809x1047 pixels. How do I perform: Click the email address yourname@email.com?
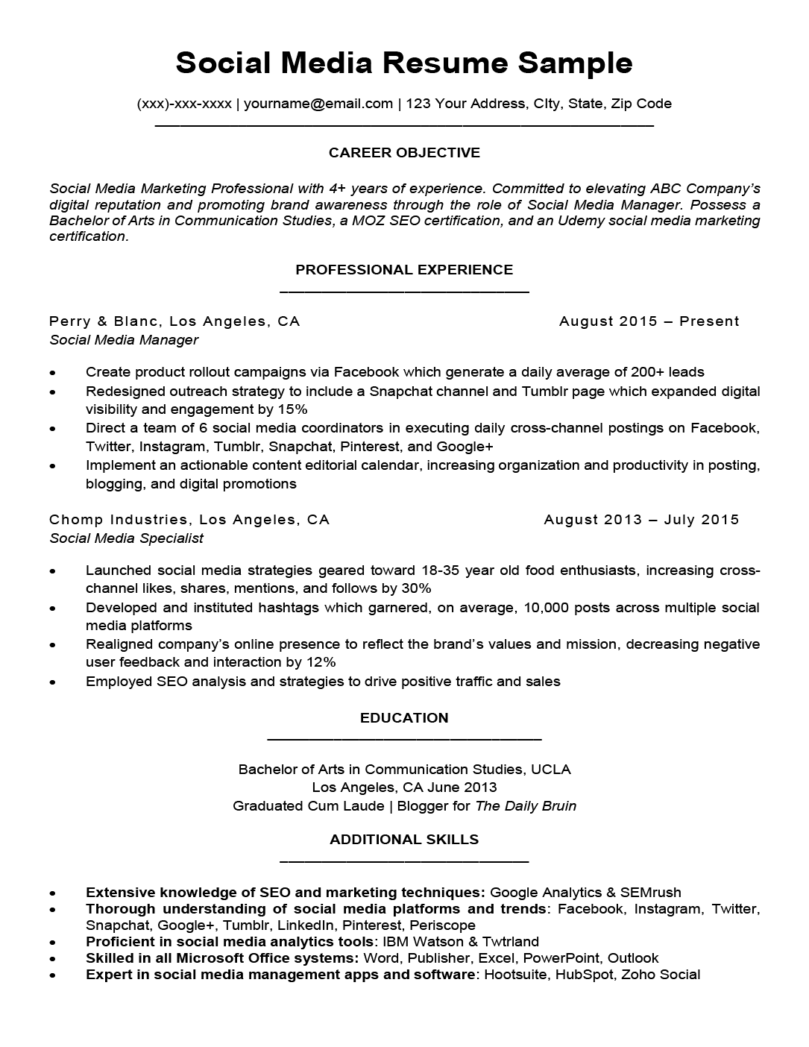point(318,104)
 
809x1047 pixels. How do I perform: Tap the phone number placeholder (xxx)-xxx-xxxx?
point(184,104)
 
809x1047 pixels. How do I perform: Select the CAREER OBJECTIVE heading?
point(404,153)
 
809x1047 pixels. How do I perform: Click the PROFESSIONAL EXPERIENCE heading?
point(404,270)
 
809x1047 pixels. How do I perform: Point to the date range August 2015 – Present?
point(649,321)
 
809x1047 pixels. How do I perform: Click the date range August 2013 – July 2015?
point(641,520)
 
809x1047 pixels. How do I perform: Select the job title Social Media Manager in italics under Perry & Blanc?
point(124,340)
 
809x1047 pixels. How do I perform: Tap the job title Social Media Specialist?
point(126,538)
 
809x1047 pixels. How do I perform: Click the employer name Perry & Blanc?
point(104,321)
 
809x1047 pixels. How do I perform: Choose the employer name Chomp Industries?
point(119,520)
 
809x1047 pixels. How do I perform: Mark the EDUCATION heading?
point(404,718)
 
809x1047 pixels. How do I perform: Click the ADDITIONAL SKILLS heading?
point(404,840)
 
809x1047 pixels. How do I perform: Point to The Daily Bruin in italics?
point(526,806)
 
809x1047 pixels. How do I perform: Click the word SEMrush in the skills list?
point(650,893)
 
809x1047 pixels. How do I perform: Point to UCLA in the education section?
point(553,770)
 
